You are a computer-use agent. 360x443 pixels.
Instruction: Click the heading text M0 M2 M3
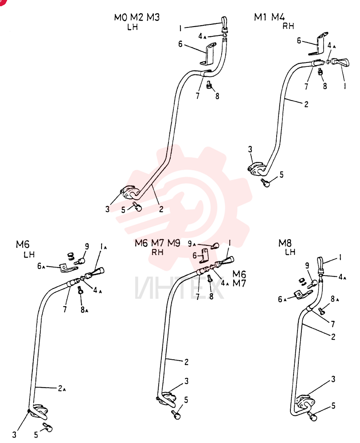coord(137,17)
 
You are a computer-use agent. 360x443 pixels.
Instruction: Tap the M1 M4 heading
coord(269,17)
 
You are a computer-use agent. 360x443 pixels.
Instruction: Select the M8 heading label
coord(285,243)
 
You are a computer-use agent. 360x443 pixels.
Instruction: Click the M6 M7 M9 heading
coord(157,243)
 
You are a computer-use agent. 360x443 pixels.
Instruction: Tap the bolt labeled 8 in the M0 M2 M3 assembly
coord(209,85)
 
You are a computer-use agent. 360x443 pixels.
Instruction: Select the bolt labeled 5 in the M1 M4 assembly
coord(265,183)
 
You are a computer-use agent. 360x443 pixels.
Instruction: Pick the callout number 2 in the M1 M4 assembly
coord(306,104)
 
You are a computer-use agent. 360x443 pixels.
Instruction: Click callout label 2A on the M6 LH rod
coord(62,389)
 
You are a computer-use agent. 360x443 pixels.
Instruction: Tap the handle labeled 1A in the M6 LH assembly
coord(95,272)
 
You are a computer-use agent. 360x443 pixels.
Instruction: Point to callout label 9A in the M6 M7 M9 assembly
coord(192,244)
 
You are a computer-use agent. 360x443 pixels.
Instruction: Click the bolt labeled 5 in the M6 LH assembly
coord(47,427)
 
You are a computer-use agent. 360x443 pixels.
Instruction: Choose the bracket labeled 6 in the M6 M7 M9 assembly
coord(205,254)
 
